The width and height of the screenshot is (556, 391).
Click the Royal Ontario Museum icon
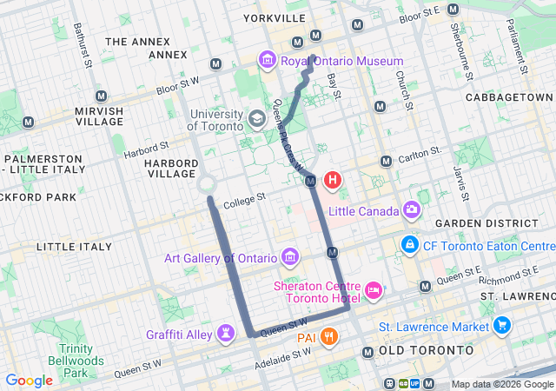point(268,61)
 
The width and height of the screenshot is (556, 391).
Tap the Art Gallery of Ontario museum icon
point(290,257)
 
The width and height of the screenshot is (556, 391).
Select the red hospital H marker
point(332,181)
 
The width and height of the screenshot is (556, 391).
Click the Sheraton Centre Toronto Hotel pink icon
point(374,288)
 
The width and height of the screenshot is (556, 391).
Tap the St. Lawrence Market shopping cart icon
point(501,326)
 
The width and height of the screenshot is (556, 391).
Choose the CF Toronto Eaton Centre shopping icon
point(408,245)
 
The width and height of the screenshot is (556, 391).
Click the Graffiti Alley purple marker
point(227,333)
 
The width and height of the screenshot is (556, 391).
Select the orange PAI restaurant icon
point(328,336)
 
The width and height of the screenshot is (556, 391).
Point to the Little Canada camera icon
point(411,209)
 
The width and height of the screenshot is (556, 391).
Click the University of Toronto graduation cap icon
point(256,118)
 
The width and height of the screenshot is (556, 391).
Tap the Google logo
point(29,380)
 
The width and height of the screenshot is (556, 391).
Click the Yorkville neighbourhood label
point(275,17)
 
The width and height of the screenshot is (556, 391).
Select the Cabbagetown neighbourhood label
point(509,96)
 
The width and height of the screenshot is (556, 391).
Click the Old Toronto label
point(427,350)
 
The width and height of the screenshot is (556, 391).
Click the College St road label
point(243,202)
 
